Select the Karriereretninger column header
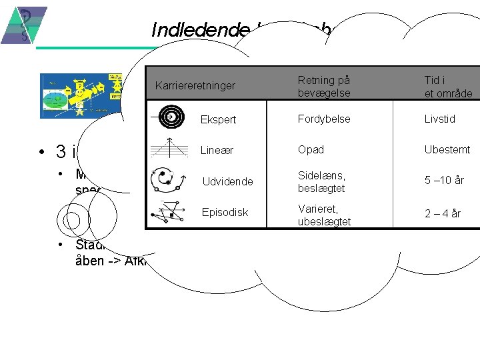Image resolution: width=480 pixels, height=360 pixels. point(195,85)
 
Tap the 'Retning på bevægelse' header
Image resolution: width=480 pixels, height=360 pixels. point(324,86)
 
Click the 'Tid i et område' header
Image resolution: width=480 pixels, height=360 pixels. point(448,86)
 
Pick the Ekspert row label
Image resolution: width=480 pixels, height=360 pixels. point(218,120)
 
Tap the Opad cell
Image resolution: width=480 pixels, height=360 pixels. point(309,149)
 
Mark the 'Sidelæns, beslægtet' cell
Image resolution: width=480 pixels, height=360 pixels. point(321,181)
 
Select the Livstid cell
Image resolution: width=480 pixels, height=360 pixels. point(440,119)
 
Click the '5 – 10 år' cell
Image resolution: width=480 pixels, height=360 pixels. point(444,181)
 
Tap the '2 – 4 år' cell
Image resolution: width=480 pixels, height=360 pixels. point(443,213)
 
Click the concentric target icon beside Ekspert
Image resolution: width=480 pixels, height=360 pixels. point(171,117)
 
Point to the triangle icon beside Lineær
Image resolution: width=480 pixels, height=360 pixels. point(171,150)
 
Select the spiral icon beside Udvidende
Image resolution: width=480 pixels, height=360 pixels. point(169,181)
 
